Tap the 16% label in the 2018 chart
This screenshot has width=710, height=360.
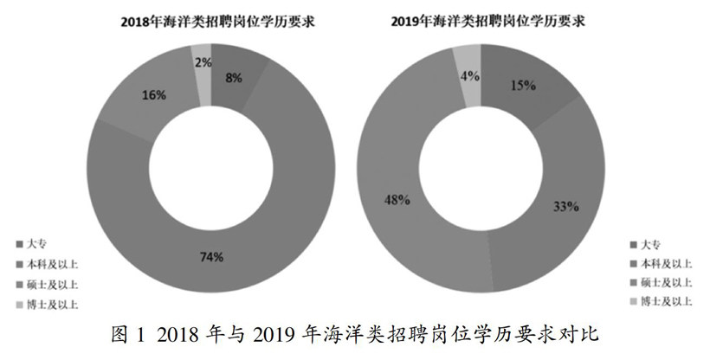click(154, 95)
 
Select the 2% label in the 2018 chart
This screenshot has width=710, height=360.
click(200, 62)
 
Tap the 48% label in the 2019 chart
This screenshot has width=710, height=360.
click(397, 199)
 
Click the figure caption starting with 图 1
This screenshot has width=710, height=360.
click(356, 333)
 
